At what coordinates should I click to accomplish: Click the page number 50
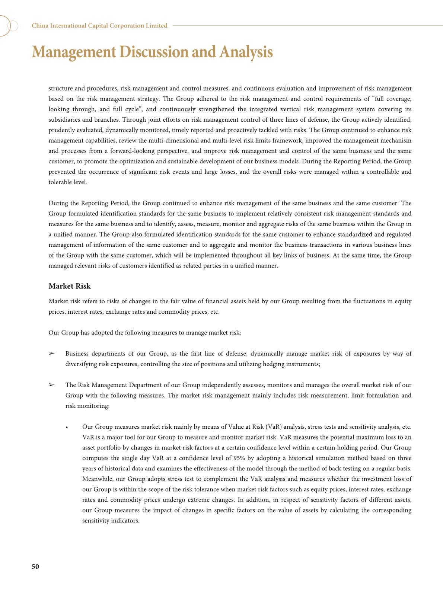35,566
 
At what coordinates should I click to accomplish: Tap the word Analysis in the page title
246,52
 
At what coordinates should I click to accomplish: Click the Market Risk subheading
70,286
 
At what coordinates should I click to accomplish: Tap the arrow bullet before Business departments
52,354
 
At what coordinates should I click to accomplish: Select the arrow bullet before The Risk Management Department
52,385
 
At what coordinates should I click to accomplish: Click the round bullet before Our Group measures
67,428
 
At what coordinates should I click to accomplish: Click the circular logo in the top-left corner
7,26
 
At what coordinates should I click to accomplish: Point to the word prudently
62,130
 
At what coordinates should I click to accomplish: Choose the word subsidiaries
64,120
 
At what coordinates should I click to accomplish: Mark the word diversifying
81,364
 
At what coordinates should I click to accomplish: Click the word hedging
273,364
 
